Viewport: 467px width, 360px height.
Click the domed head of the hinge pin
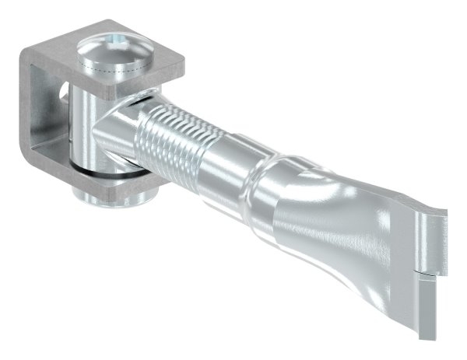pos(117,58)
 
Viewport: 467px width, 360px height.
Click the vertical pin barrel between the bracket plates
pos(82,124)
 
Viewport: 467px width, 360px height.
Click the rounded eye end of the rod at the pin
pos(117,140)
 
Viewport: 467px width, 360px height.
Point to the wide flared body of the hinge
pos(335,225)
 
